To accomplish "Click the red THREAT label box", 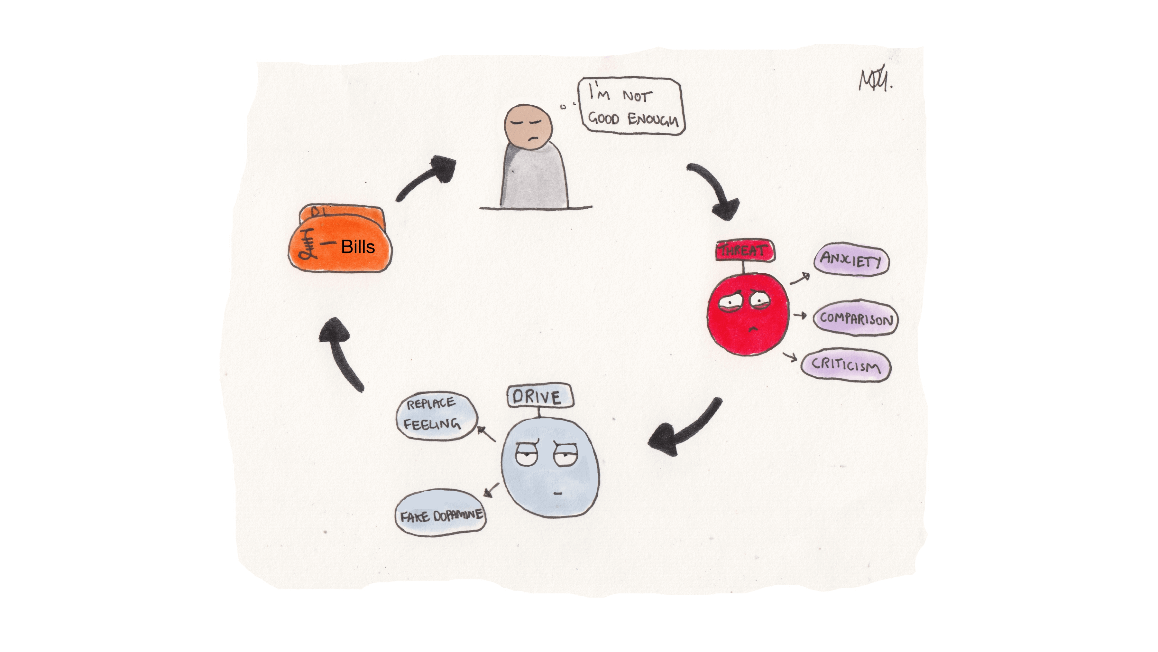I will pyautogui.click(x=744, y=250).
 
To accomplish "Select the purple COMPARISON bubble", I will pyautogui.click(x=855, y=318).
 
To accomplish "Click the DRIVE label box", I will pyautogui.click(x=540, y=396).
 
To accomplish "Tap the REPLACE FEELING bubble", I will pyautogui.click(x=435, y=415).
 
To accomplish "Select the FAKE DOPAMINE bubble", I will pyautogui.click(x=441, y=514).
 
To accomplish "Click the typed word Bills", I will pyautogui.click(x=358, y=247).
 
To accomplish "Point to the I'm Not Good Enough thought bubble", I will pyautogui.click(x=632, y=107).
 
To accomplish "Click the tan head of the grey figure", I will pyautogui.click(x=528, y=127).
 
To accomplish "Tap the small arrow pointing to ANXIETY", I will pyautogui.click(x=800, y=279).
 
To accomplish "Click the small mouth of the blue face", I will pyautogui.click(x=558, y=494).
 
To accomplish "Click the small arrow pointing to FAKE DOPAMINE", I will pyautogui.click(x=492, y=489).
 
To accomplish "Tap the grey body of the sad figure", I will pyautogui.click(x=534, y=178).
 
